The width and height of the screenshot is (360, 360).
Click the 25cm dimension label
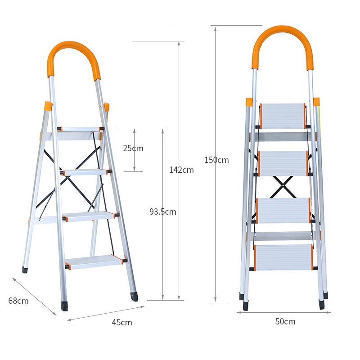[133, 148]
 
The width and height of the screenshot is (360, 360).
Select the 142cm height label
[181, 170]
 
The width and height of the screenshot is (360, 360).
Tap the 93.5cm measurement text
[162, 211]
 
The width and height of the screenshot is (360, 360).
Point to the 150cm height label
[216, 160]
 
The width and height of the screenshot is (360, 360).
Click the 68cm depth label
[18, 301]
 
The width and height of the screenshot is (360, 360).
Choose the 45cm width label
[122, 322]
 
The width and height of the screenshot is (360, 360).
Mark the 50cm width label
[285, 321]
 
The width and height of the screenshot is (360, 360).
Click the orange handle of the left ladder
[73, 53]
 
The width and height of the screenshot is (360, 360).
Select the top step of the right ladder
[283, 116]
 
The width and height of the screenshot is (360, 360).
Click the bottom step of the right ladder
[283, 257]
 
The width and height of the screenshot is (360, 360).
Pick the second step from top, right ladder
[283, 163]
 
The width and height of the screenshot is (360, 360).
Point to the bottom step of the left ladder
[95, 261]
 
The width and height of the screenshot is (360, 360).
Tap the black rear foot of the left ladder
[25, 270]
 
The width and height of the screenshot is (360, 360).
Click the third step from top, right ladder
[283, 210]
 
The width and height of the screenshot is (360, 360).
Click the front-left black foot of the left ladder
[65, 306]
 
